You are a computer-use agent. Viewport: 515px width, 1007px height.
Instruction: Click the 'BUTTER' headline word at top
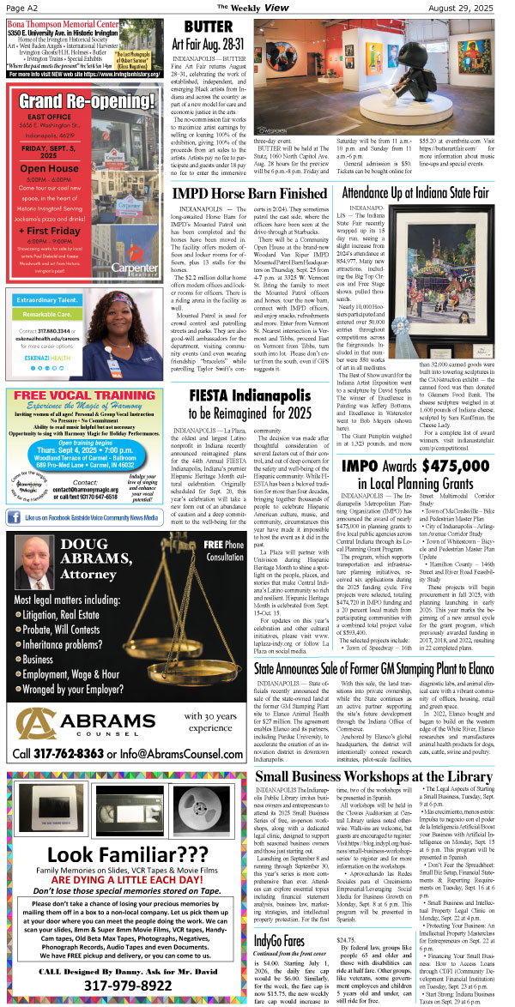coord(209,27)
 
